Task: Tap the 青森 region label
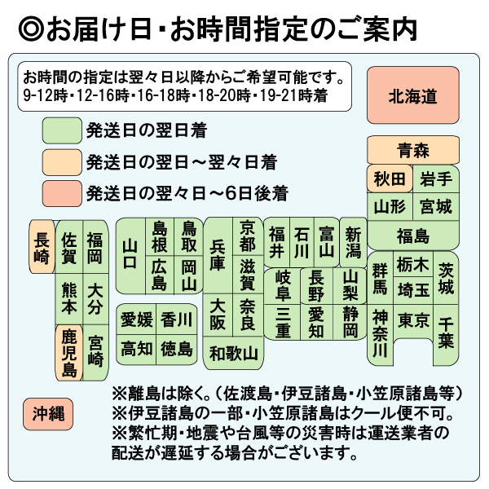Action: pos(412,150)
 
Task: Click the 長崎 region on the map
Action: pos(42,248)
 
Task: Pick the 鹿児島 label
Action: pos(69,353)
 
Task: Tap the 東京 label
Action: pos(413,319)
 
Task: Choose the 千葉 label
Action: pos(444,332)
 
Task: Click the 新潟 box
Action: pos(353,241)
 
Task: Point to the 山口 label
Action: pos(130,254)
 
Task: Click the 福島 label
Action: pos(412,236)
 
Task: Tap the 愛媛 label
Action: pos(136,319)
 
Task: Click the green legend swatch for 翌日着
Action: pos(60,130)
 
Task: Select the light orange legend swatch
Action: pos(60,161)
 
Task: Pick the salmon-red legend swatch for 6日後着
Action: pos(60,193)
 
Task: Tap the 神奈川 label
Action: pos(380,333)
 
